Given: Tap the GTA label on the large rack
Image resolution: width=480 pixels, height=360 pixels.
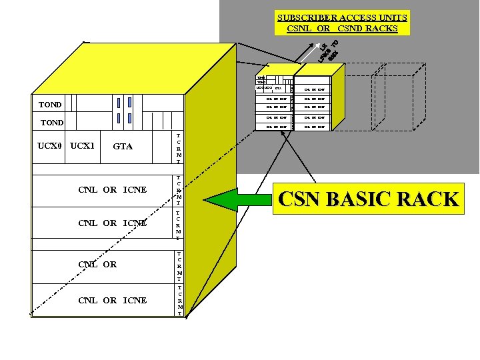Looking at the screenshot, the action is (x=123, y=146).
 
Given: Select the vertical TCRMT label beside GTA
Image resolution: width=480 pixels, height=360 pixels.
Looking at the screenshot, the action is (x=178, y=149).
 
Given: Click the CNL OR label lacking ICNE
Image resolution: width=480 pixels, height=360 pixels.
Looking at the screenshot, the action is (x=97, y=265).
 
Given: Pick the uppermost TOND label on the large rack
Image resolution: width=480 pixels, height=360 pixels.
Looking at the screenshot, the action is (x=50, y=105).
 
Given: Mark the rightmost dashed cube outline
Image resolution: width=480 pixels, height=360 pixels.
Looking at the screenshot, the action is (x=396, y=100).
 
